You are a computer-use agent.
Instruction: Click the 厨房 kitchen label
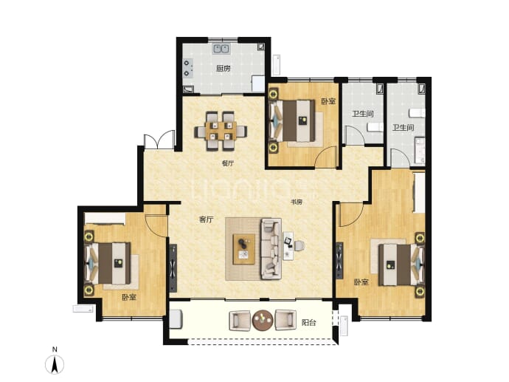(x=224, y=69)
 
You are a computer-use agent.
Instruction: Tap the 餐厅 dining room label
(x=227, y=163)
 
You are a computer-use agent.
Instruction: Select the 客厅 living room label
(x=206, y=219)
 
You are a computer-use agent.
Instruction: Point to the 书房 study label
(x=296, y=202)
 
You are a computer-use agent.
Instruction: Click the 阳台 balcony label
(x=308, y=322)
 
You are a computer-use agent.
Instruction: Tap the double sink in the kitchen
(x=221, y=49)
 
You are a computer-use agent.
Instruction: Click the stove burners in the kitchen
(x=187, y=68)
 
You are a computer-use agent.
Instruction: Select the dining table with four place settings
(x=221, y=131)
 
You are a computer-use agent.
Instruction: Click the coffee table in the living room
(x=243, y=249)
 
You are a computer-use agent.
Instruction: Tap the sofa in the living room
(x=271, y=249)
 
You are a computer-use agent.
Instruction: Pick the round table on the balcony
(x=263, y=320)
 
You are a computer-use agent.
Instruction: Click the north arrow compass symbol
(x=55, y=364)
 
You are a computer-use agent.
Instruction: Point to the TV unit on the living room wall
(x=173, y=268)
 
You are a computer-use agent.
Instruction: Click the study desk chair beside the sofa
(x=299, y=245)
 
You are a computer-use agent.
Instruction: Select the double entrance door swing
(x=159, y=140)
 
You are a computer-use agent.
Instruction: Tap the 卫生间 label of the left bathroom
(x=363, y=114)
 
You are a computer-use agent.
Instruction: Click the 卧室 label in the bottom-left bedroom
(x=129, y=297)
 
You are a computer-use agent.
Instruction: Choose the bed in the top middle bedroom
(x=292, y=120)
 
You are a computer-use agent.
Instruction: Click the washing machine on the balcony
(x=176, y=319)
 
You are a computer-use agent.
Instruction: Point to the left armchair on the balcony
(x=240, y=320)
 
